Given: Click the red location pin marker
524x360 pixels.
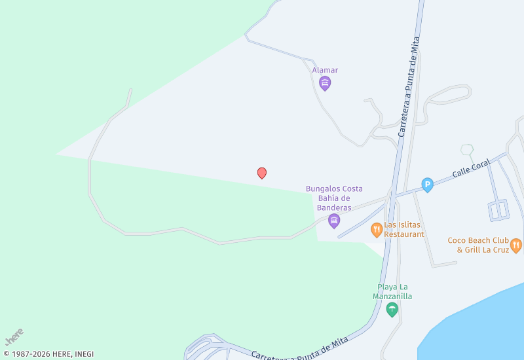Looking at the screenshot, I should pyautogui.click(x=262, y=173).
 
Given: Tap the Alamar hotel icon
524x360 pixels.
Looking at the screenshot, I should pyautogui.click(x=325, y=83).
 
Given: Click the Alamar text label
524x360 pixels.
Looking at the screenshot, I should pyautogui.click(x=325, y=70).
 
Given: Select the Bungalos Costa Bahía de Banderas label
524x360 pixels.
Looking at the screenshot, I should pyautogui.click(x=334, y=198).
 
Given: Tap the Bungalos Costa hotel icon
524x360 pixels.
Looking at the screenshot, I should pyautogui.click(x=334, y=221).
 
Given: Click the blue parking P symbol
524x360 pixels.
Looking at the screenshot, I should pyautogui.click(x=428, y=185).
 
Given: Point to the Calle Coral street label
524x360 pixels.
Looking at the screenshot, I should pyautogui.click(x=471, y=169).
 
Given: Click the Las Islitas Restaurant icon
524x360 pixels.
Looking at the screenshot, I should pyautogui.click(x=377, y=229).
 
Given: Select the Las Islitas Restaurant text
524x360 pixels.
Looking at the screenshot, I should pyautogui.click(x=404, y=229).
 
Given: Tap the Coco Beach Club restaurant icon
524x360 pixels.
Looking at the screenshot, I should pyautogui.click(x=516, y=245).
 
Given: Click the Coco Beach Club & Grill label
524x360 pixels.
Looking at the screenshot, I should pyautogui.click(x=478, y=245).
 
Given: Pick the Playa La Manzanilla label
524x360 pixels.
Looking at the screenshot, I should pyautogui.click(x=392, y=291).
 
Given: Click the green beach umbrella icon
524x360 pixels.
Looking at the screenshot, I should pyautogui.click(x=392, y=310).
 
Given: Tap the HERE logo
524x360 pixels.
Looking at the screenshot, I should pyautogui.click(x=14, y=336).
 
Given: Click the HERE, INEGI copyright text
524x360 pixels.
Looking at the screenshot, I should pyautogui.click(x=49, y=354).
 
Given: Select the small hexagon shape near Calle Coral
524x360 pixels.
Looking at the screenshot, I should pyautogui.click(x=467, y=149).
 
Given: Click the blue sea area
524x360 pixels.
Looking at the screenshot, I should pyautogui.click(x=478, y=327).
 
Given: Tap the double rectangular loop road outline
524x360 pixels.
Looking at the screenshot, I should pyautogui.click(x=499, y=210).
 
